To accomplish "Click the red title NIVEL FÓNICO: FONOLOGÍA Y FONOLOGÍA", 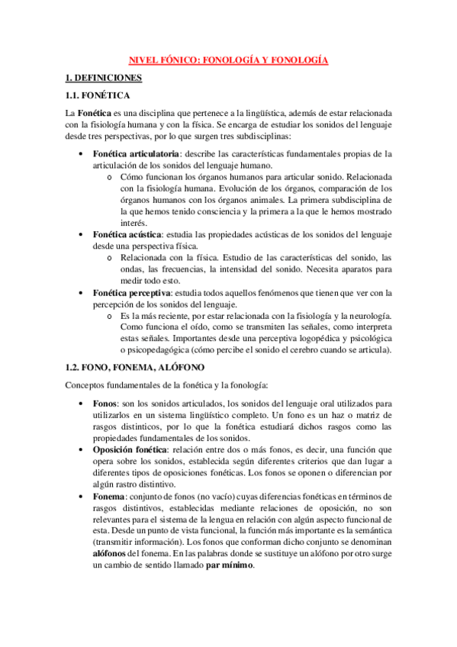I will coord(228,60).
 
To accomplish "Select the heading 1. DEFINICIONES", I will coord(103,77).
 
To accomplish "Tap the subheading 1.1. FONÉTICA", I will coord(98,95).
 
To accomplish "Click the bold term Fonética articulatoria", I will coord(130,153).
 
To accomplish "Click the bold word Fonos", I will coord(105,403).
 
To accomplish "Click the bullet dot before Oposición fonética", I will coord(82,449).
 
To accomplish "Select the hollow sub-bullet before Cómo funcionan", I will coord(111,176).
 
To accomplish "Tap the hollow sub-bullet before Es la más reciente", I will coord(111,315).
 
